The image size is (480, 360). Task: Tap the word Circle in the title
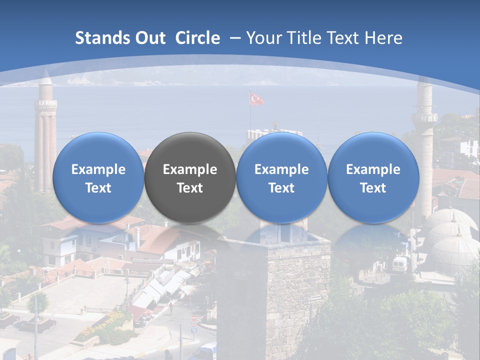click(x=197, y=38)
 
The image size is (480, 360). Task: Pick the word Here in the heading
click(x=384, y=38)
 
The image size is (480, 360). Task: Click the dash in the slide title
click(x=235, y=38)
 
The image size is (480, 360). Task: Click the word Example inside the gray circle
click(x=190, y=169)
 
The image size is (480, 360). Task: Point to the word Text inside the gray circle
click(x=190, y=188)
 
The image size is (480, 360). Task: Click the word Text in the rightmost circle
click(x=373, y=188)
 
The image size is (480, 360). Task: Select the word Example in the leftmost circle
click(x=98, y=169)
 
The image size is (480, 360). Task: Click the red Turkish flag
click(x=257, y=99)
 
